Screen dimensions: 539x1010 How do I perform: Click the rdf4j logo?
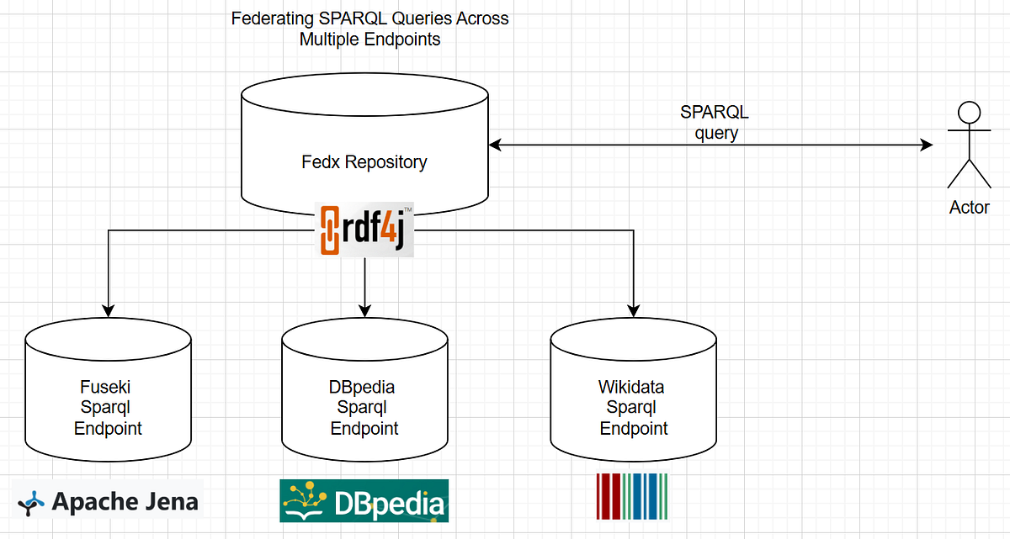364,229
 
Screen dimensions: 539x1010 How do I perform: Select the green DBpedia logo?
364,501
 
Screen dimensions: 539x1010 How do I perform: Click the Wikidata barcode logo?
635,497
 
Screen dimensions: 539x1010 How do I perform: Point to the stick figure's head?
970,113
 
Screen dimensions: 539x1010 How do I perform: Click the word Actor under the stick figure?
970,208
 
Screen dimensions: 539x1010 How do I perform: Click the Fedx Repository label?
364,161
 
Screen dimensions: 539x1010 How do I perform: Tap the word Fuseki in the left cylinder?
108,388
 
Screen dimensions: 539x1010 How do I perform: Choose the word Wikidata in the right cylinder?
633,388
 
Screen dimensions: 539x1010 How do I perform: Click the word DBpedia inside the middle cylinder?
364,388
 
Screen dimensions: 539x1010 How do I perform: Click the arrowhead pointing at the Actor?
927,145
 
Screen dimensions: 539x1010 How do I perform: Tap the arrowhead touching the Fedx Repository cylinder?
495,145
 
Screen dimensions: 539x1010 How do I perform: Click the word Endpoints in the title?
401,39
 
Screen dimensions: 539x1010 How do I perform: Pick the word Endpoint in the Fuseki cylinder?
108,429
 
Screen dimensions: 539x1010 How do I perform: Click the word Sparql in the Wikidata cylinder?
633,408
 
